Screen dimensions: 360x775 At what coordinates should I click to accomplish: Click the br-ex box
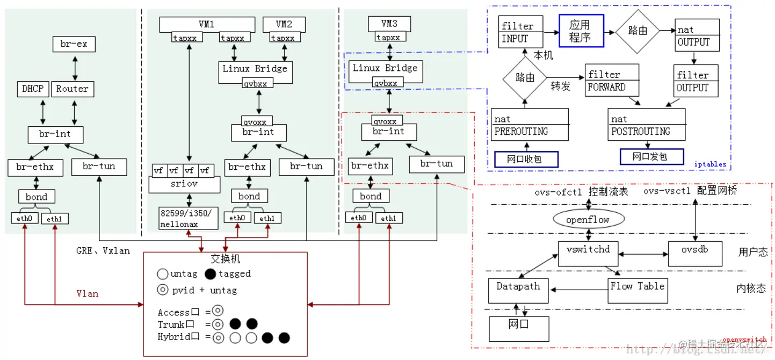click(74, 44)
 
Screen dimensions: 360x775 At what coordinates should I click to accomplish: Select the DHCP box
click(33, 89)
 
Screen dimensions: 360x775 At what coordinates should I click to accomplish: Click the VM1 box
click(207, 24)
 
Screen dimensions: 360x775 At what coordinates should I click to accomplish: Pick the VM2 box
click(284, 24)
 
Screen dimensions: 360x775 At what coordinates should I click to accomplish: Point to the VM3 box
click(389, 24)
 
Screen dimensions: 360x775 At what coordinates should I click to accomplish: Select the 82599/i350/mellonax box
click(189, 218)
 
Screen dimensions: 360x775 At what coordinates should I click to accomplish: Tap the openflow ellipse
click(589, 220)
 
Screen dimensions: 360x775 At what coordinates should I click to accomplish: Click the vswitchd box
click(588, 253)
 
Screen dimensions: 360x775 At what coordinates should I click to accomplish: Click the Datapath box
click(518, 290)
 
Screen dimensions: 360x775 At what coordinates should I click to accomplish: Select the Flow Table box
click(638, 290)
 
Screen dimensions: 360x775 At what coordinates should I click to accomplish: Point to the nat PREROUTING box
click(530, 125)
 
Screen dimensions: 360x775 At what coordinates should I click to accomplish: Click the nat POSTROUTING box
click(647, 125)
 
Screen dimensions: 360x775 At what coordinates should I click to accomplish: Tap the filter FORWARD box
click(612, 81)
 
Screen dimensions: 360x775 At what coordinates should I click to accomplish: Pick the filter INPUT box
click(520, 32)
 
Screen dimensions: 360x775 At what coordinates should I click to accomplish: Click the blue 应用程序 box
click(581, 31)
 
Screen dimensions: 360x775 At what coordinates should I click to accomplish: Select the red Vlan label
click(87, 294)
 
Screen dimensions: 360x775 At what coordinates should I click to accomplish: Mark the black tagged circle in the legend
click(211, 274)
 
